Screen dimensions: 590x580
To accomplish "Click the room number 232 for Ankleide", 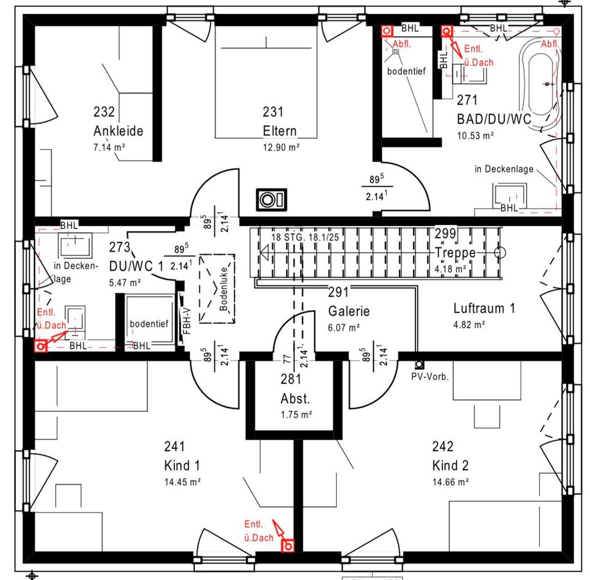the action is (x=104, y=112).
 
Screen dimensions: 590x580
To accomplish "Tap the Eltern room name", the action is (x=280, y=131).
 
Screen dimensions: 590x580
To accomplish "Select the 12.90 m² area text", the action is (x=281, y=147).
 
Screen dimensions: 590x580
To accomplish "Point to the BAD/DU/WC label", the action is (x=494, y=118).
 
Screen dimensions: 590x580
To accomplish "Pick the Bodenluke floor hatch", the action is (x=217, y=288).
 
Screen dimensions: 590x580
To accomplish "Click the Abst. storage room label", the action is (x=296, y=400).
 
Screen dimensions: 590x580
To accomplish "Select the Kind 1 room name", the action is (x=182, y=465).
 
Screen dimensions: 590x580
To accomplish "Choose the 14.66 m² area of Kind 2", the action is (x=450, y=482).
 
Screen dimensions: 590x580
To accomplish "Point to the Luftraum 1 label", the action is (x=484, y=308).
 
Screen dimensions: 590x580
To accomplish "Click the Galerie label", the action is (x=348, y=311).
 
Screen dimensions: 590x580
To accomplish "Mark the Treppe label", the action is (x=455, y=253).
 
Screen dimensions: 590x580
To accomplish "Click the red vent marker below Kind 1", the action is (x=287, y=544).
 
